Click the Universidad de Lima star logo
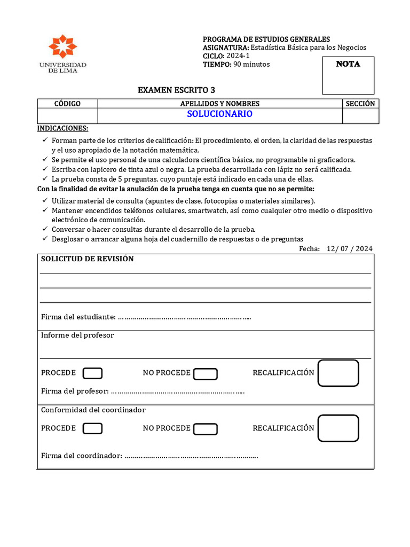[x=62, y=46]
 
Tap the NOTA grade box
[x=348, y=75]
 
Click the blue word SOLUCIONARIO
[x=219, y=114]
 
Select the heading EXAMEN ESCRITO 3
[x=177, y=90]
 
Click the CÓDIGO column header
[x=67, y=104]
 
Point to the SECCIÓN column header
[x=360, y=104]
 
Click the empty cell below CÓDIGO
[x=67, y=115]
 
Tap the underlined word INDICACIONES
[x=62, y=129]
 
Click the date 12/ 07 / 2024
[x=350, y=248]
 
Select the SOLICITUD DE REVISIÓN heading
[x=88, y=259]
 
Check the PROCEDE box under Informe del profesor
[x=93, y=373]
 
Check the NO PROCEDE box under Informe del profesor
[x=205, y=374]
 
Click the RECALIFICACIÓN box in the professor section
[x=338, y=373]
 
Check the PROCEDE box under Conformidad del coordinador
[x=93, y=428]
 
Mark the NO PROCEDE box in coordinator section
[x=205, y=429]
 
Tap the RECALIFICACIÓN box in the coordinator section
[x=338, y=428]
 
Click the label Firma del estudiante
[x=78, y=317]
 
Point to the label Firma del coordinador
[x=82, y=456]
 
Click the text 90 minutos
[x=251, y=65]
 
